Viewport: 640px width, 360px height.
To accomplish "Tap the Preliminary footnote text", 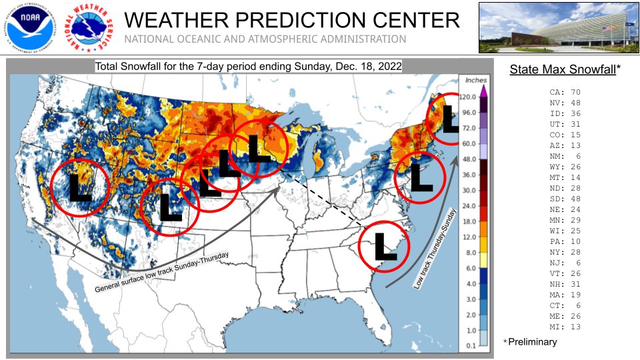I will tap(532, 342).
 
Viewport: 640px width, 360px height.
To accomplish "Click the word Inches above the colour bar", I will tap(475, 80).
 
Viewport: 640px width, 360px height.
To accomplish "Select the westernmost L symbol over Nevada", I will tap(80, 187).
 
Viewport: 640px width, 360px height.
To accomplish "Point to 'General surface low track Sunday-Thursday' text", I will tap(162, 272).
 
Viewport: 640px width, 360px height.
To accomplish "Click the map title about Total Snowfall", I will tap(248, 67).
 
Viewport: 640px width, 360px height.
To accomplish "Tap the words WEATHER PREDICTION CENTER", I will tap(292, 19).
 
